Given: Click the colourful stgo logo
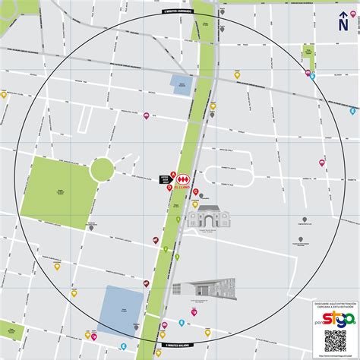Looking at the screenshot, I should point(335,317).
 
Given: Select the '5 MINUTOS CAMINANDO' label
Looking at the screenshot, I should point(178,12).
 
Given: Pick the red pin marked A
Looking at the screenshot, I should point(172,174).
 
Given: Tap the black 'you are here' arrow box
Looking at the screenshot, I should point(163,179).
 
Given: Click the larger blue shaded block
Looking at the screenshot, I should point(122,310).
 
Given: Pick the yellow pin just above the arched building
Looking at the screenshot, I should point(195,204).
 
